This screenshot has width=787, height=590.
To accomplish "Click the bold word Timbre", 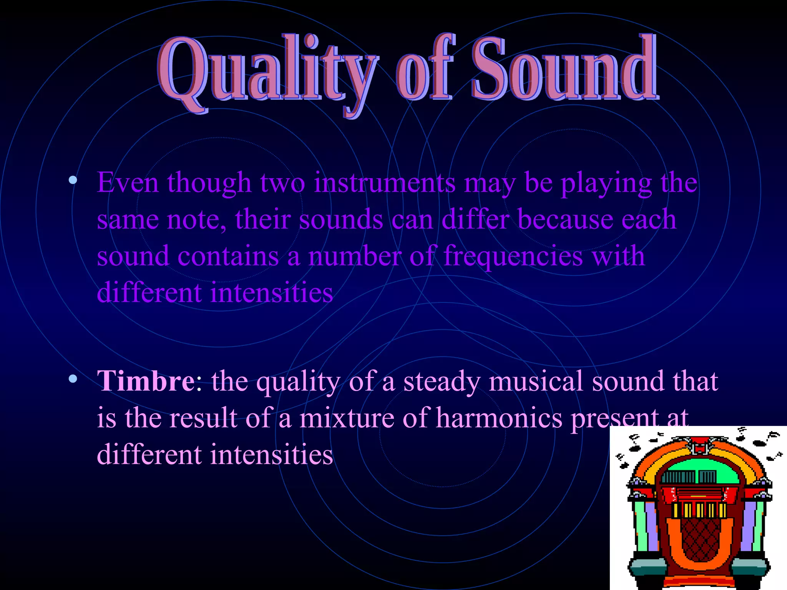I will point(146,381).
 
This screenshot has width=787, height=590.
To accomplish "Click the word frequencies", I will point(513,256).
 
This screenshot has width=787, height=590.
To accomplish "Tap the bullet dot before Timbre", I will point(73,380).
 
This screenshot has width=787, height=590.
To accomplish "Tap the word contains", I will point(228,256).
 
